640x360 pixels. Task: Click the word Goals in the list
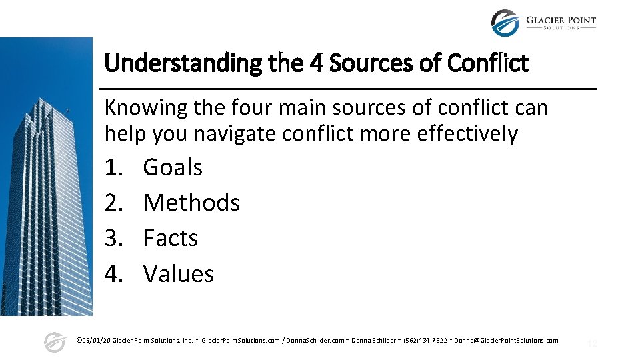pyautogui.click(x=173, y=167)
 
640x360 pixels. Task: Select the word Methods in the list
pyautogui.click(x=191, y=203)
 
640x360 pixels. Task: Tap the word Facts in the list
pyautogui.click(x=171, y=239)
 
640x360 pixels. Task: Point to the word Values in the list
pyautogui.click(x=179, y=274)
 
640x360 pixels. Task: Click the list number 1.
pyautogui.click(x=114, y=167)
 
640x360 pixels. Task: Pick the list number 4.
pyautogui.click(x=114, y=274)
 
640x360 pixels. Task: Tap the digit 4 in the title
pyautogui.click(x=316, y=64)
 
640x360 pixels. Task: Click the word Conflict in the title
pyautogui.click(x=488, y=64)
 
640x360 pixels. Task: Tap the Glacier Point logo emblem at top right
pyautogui.click(x=505, y=23)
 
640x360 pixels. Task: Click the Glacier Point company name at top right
pyautogui.click(x=561, y=21)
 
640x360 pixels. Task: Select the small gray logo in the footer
pyautogui.click(x=54, y=342)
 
